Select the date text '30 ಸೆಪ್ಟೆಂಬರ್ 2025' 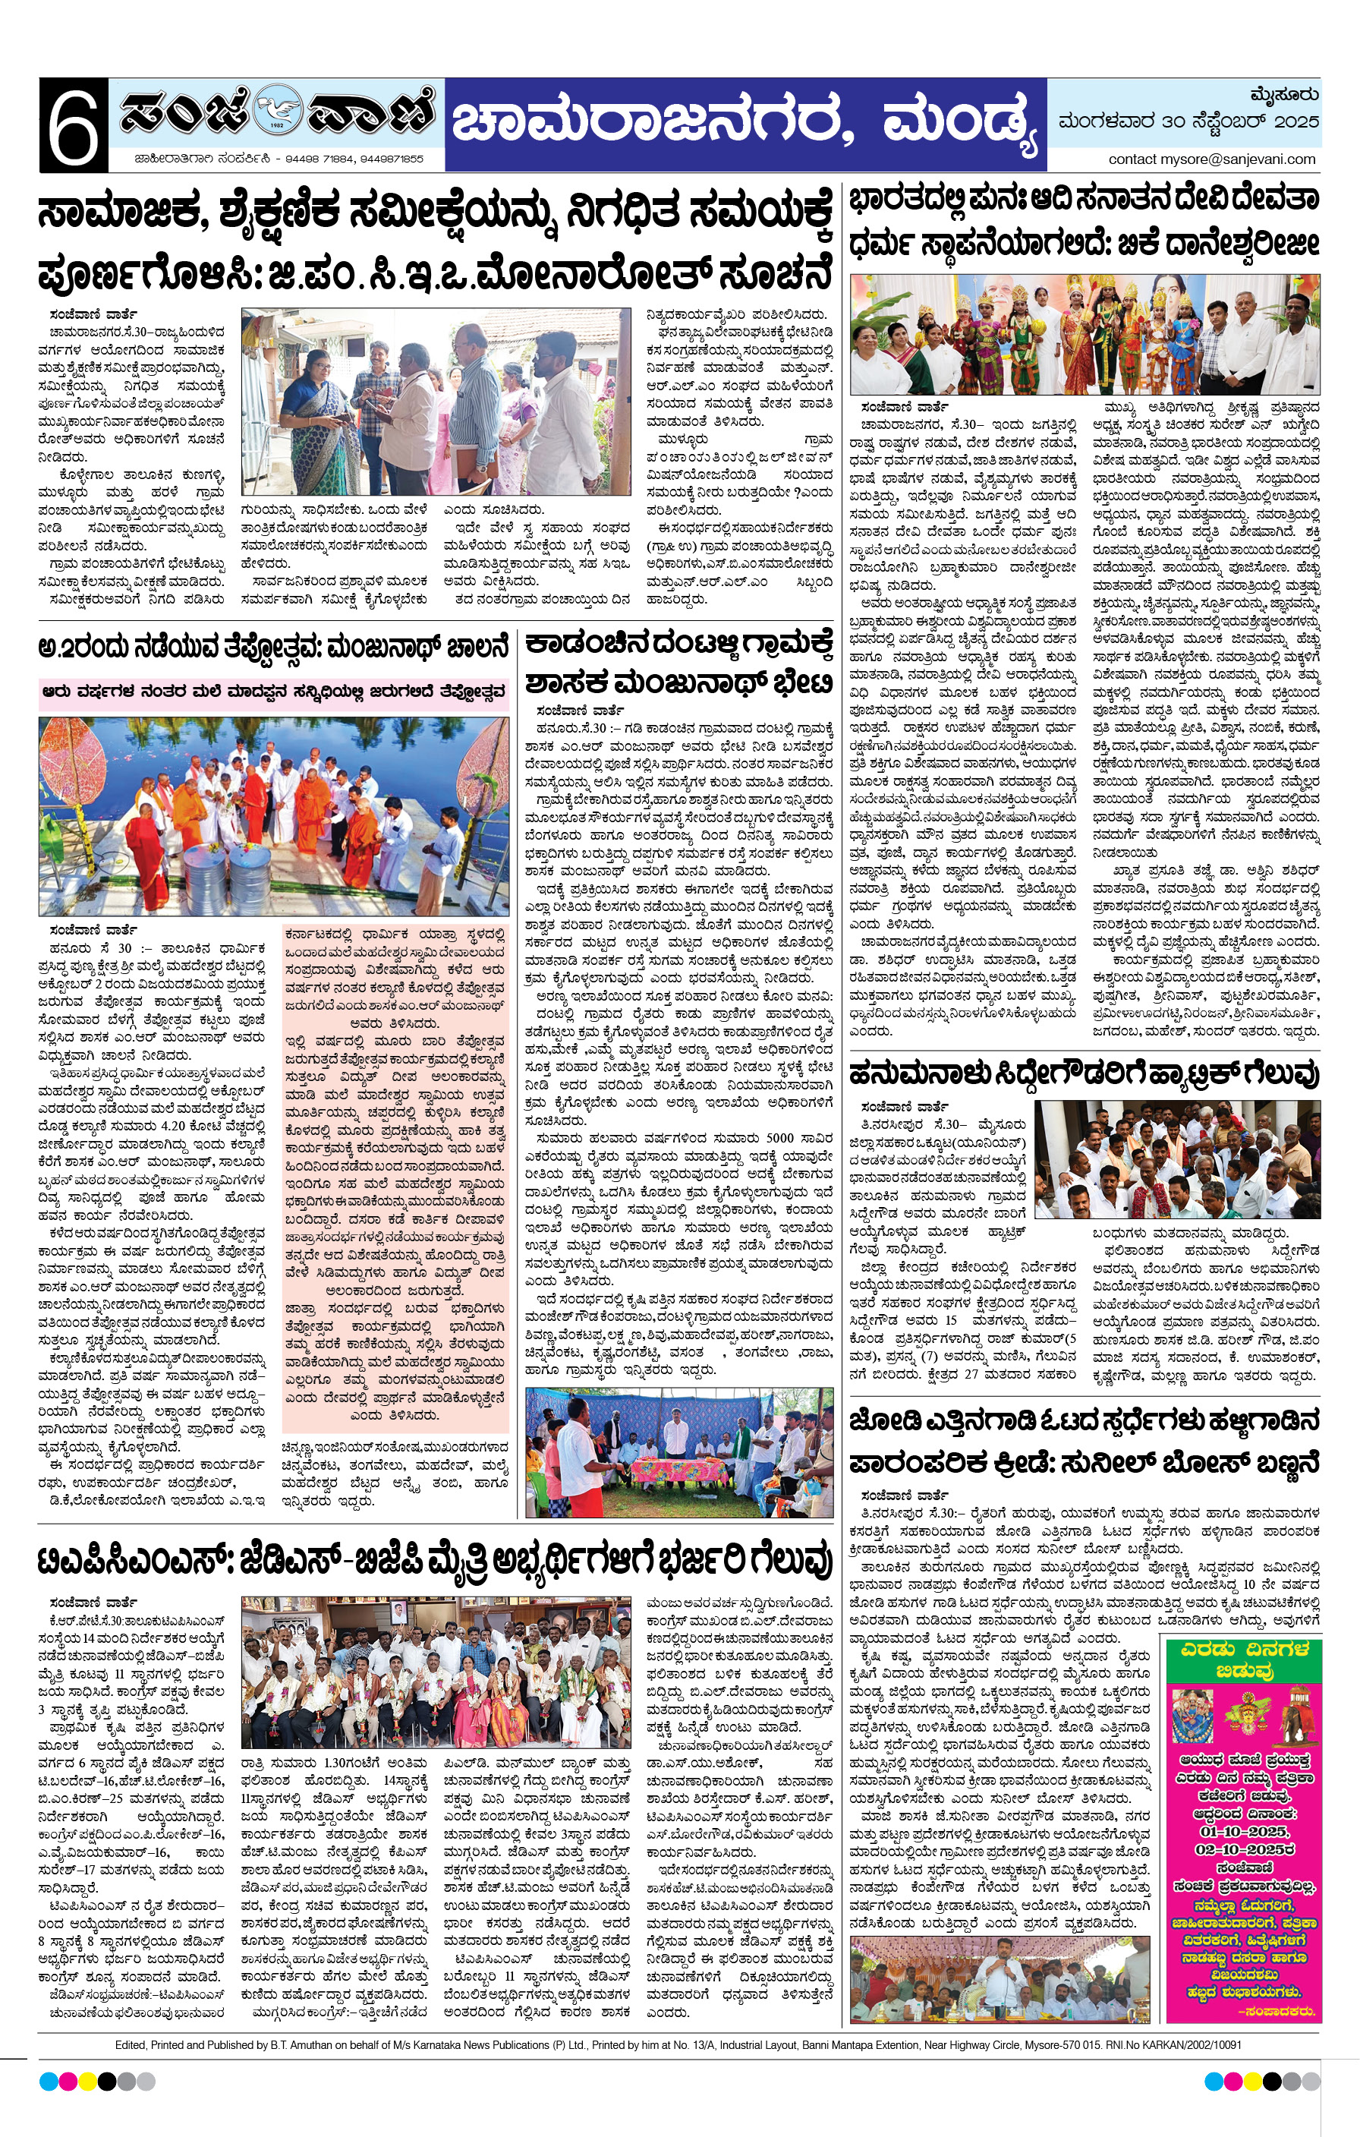coord(1232,121)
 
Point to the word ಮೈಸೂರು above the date coord(1283,95)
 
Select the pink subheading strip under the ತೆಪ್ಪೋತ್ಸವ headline coord(275,690)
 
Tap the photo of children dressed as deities coord(1084,334)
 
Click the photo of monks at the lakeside coord(273,816)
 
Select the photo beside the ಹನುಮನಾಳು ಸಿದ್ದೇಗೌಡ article coord(1176,1158)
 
